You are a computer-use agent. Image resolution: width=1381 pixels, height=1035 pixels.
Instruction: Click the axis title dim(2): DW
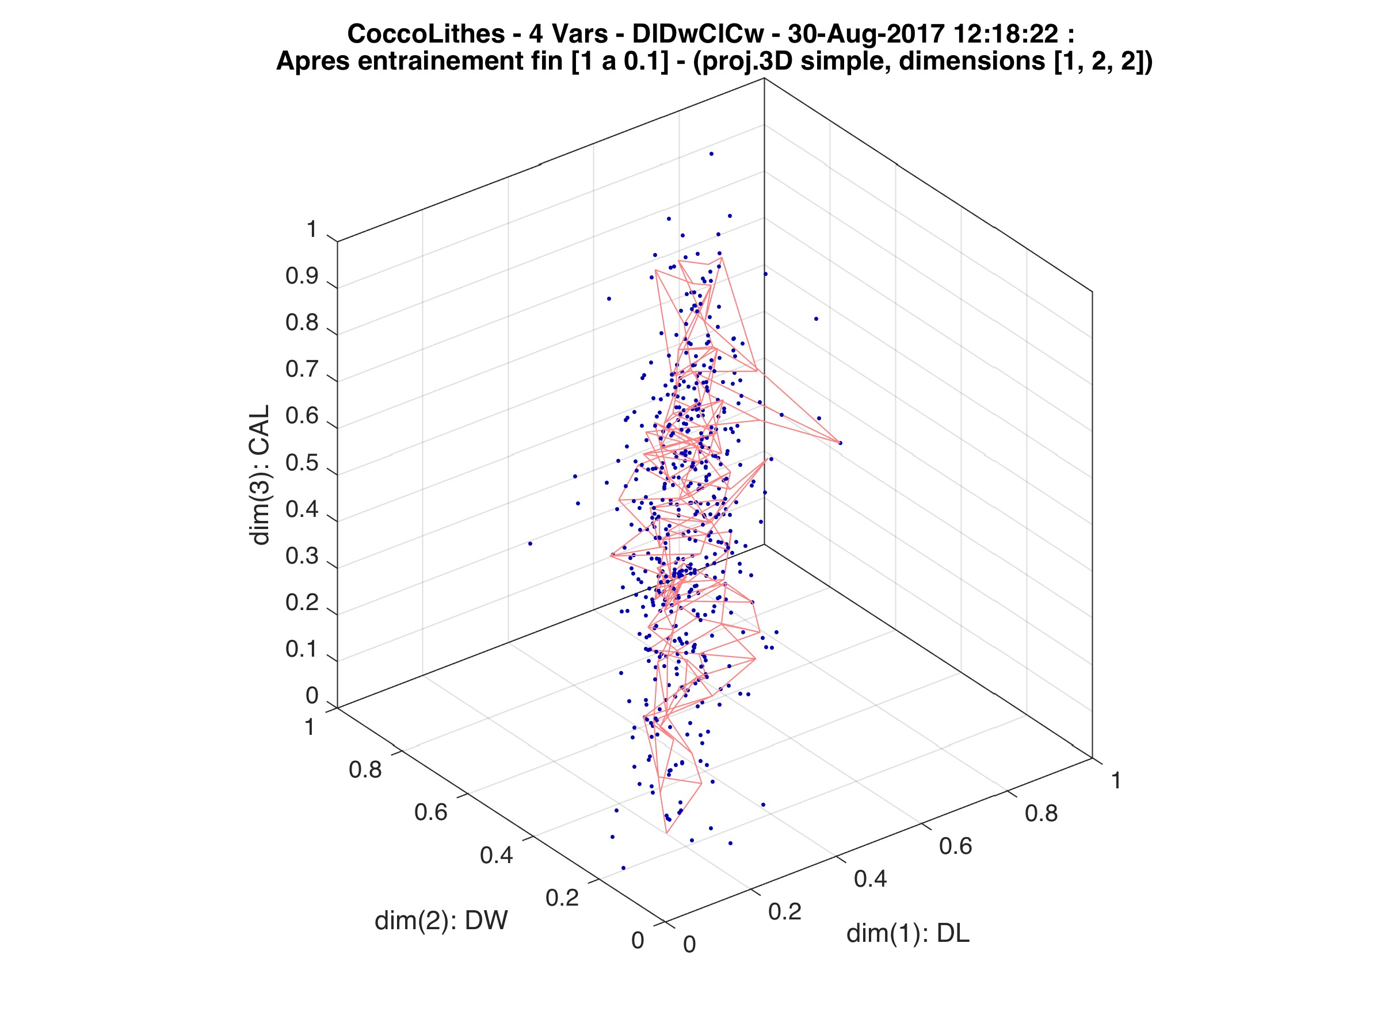pos(441,920)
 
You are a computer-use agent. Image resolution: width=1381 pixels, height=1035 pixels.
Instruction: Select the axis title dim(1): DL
pos(908,933)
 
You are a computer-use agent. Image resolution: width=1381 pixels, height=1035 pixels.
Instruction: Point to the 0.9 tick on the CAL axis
pos(302,277)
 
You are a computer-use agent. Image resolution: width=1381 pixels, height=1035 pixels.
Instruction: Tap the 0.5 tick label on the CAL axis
pos(302,463)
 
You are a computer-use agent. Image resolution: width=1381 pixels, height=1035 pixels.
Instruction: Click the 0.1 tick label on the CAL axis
pos(302,649)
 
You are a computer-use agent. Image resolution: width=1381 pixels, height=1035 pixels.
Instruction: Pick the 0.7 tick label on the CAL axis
pos(302,369)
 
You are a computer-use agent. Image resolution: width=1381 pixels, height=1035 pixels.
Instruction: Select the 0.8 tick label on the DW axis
pos(365,770)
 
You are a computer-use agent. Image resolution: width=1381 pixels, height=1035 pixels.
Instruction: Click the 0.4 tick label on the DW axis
pos(497,856)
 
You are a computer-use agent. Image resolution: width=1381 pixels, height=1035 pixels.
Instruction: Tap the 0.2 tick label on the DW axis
pos(562,898)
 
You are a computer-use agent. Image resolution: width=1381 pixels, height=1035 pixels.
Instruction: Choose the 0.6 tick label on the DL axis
pos(956,846)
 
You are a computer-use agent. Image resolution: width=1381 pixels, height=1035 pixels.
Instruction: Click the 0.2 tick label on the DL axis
pos(784,911)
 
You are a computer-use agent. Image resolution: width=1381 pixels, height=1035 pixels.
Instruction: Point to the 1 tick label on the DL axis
pos(1116,780)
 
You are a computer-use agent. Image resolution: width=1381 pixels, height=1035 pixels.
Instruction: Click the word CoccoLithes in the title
pos(426,34)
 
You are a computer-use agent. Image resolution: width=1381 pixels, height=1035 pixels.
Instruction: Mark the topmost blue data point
pos(711,154)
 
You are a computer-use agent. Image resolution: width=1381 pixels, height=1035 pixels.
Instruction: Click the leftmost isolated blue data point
pos(530,543)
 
